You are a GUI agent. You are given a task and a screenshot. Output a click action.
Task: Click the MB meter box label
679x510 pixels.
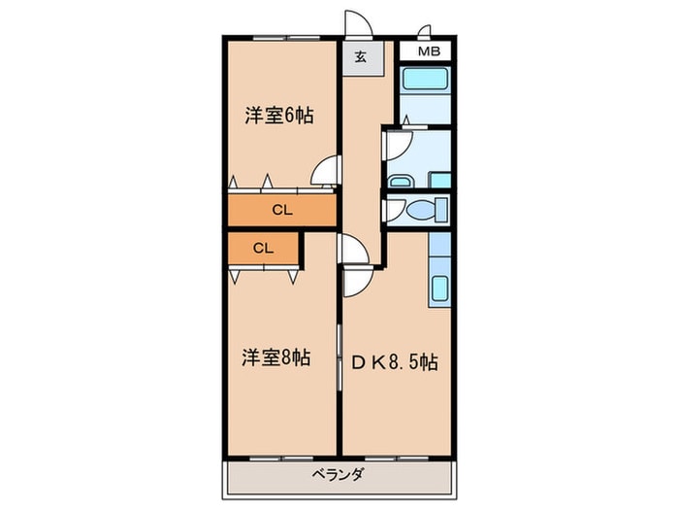tap(429, 51)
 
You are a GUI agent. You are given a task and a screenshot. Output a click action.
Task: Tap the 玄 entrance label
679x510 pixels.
tap(361, 56)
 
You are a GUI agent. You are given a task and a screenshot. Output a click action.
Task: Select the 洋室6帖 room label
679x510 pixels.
tap(279, 116)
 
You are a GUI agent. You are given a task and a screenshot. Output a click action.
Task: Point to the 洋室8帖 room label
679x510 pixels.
tap(275, 358)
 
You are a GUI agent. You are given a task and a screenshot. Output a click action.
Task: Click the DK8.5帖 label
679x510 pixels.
tap(395, 362)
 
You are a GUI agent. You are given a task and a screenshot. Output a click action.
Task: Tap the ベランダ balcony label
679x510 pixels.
tap(338, 474)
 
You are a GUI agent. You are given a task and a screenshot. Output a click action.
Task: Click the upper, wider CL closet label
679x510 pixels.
tap(282, 211)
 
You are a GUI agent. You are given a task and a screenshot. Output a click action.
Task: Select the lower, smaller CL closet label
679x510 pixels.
tap(263, 249)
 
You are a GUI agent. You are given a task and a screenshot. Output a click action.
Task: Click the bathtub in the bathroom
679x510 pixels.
tap(425, 79)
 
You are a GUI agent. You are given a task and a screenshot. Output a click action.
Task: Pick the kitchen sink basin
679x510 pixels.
tap(439, 289)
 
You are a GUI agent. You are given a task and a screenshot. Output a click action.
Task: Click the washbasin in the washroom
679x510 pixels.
tap(400, 182)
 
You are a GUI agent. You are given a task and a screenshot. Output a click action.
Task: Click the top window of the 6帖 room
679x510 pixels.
tap(286, 38)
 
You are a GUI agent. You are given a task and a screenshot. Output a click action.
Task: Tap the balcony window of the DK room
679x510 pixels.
tap(397, 458)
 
